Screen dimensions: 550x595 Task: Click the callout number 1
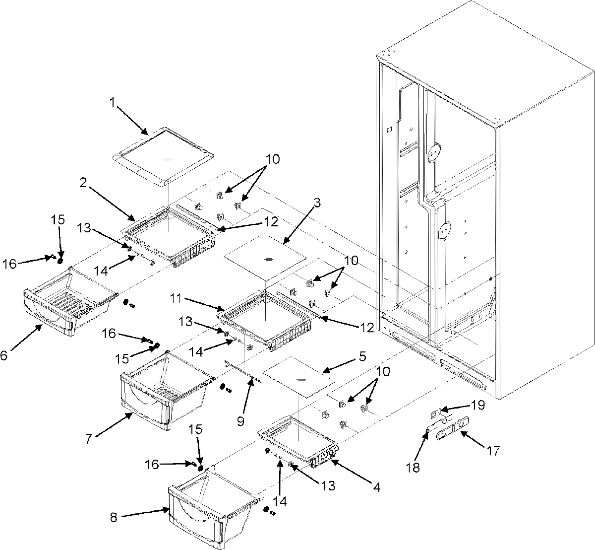pyautogui.click(x=112, y=103)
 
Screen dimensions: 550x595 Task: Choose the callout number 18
pyautogui.click(x=413, y=468)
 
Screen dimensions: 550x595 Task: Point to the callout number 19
pyautogui.click(x=478, y=406)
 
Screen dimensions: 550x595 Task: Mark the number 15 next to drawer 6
pyautogui.click(x=59, y=219)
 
